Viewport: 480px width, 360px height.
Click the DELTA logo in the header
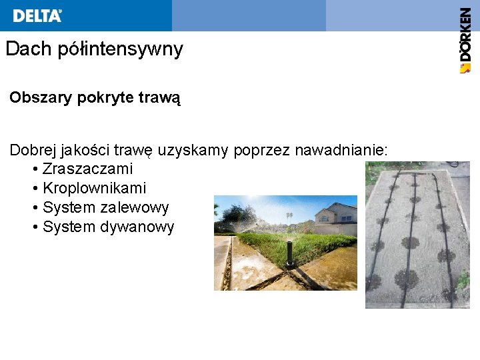pos(37,15)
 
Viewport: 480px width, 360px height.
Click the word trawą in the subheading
pos(159,99)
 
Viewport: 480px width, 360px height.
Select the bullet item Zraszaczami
pos(87,169)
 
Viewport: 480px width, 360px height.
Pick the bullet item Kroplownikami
pos(94,189)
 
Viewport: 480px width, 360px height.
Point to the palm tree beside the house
pos(289,217)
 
